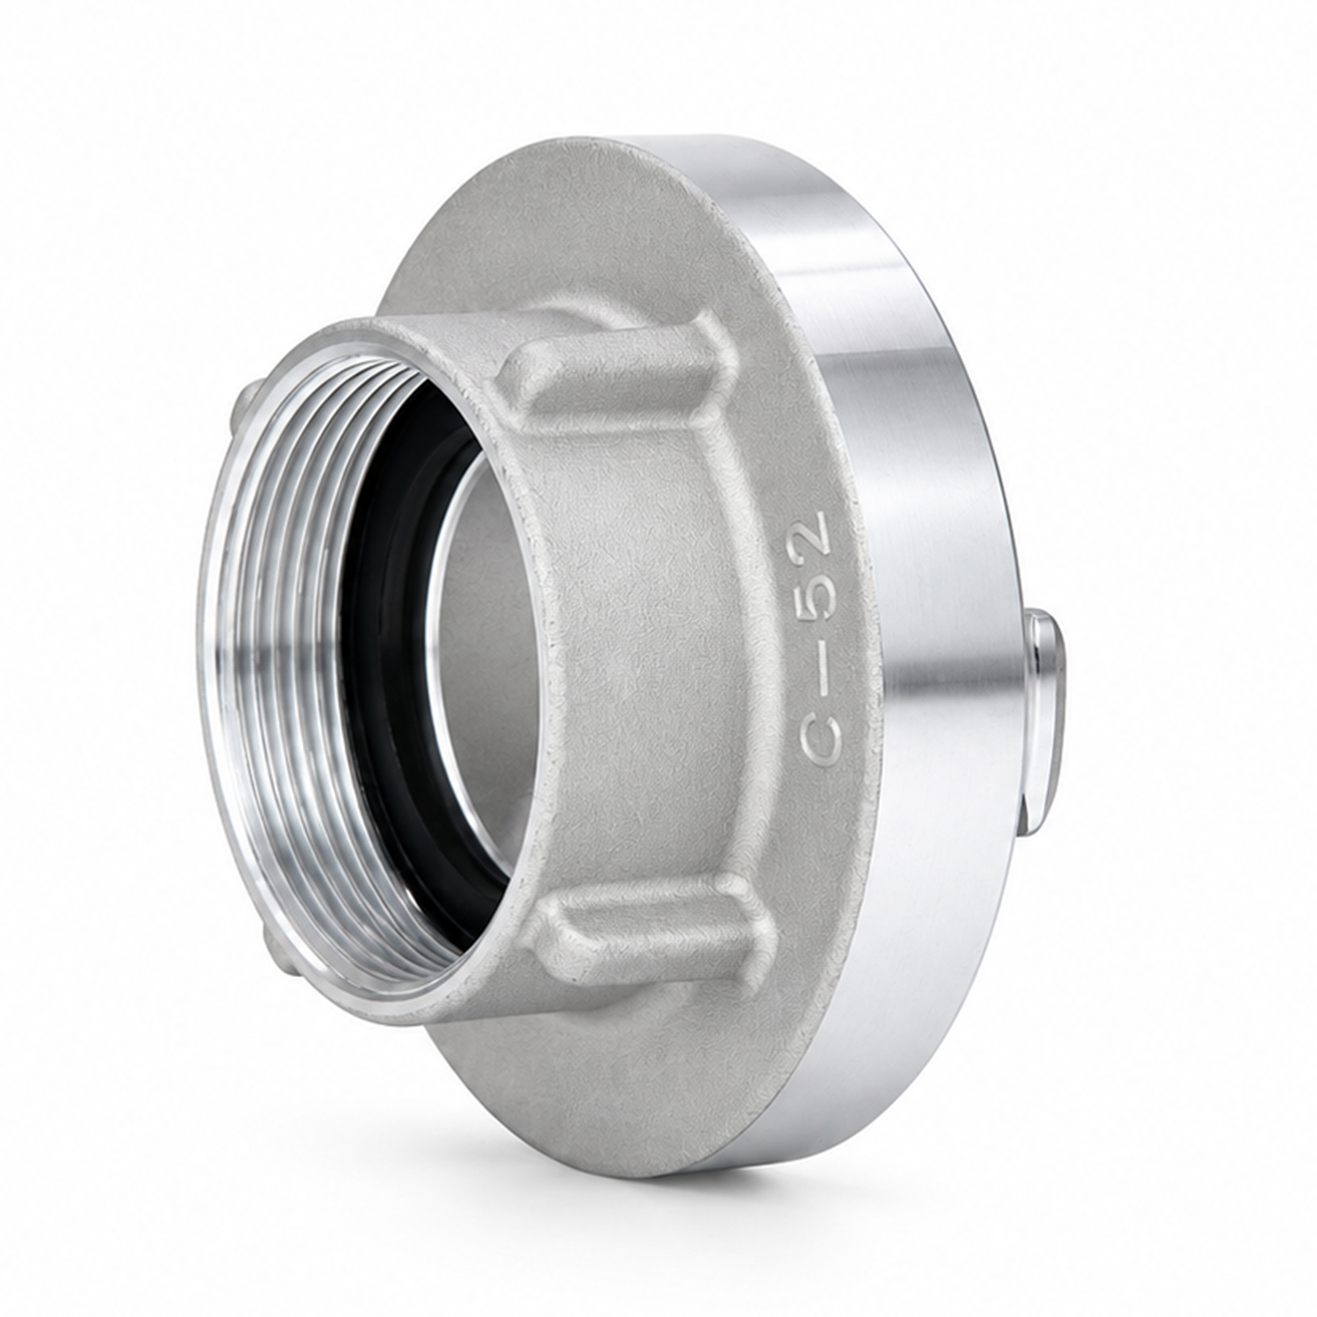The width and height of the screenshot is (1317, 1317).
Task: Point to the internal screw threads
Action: click(x=281, y=650)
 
